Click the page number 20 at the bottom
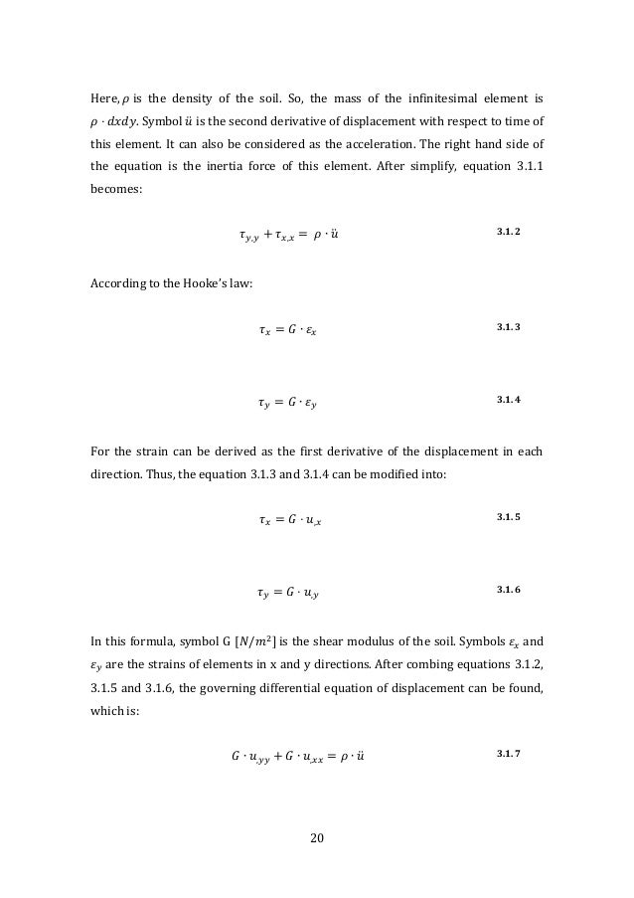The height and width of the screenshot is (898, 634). point(317,835)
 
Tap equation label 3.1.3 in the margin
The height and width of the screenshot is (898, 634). point(508,327)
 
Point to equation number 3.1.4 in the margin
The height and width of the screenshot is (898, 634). point(508,400)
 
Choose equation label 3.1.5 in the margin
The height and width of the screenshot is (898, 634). point(508,517)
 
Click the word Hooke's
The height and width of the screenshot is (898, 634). point(174,283)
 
